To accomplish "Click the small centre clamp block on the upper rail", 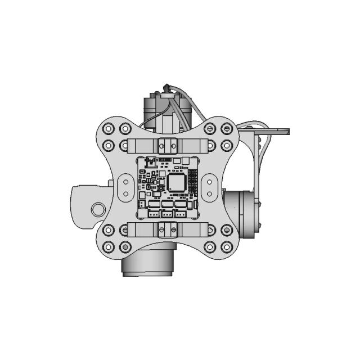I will click(x=167, y=145).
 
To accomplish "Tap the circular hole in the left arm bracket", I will click(x=98, y=209).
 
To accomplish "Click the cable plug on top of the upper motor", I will click(x=166, y=88).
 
